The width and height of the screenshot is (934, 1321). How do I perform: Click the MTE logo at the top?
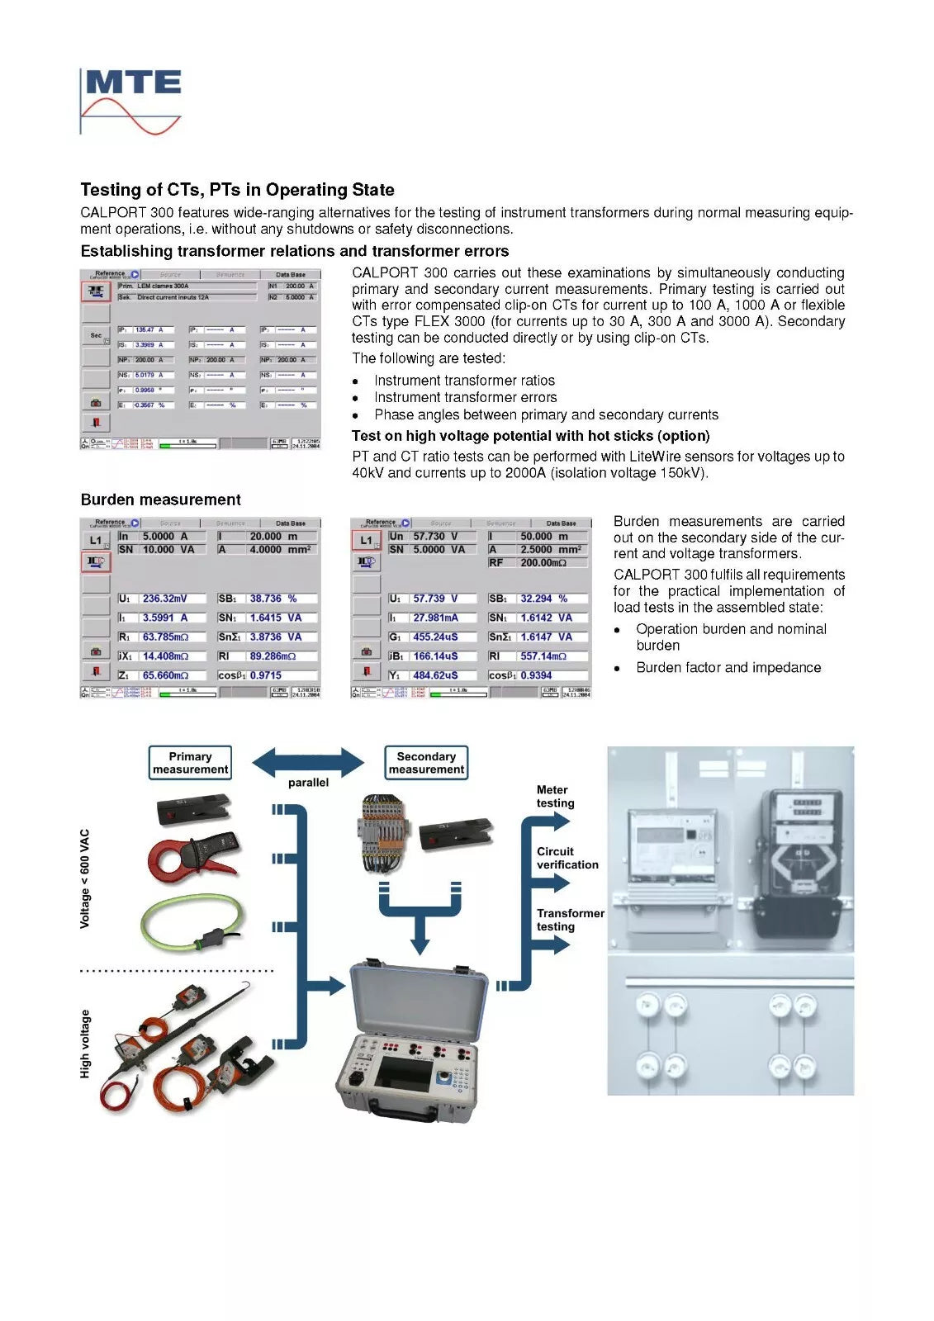(x=131, y=100)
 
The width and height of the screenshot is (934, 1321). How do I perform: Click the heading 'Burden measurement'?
(x=160, y=500)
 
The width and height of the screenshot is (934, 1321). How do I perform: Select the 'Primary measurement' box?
(x=190, y=763)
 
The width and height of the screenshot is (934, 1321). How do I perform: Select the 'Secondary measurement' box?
(x=426, y=763)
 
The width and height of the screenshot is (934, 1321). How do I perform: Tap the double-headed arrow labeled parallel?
(x=307, y=762)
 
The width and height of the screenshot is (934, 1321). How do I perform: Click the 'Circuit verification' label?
(x=567, y=858)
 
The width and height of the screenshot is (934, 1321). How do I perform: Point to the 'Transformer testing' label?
(x=570, y=920)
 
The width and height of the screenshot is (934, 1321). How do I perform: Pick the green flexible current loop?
(x=192, y=921)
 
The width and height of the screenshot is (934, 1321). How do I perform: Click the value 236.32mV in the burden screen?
(x=165, y=599)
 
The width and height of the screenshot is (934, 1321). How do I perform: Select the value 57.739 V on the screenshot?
(x=435, y=599)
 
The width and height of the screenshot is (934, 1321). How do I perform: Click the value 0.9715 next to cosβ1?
(x=266, y=675)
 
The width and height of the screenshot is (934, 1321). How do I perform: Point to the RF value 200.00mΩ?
(x=543, y=562)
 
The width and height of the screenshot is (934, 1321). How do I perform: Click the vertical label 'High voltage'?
(x=85, y=1044)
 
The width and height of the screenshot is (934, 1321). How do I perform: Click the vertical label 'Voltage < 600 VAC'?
(x=85, y=878)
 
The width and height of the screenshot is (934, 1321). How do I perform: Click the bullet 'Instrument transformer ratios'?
(x=464, y=381)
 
